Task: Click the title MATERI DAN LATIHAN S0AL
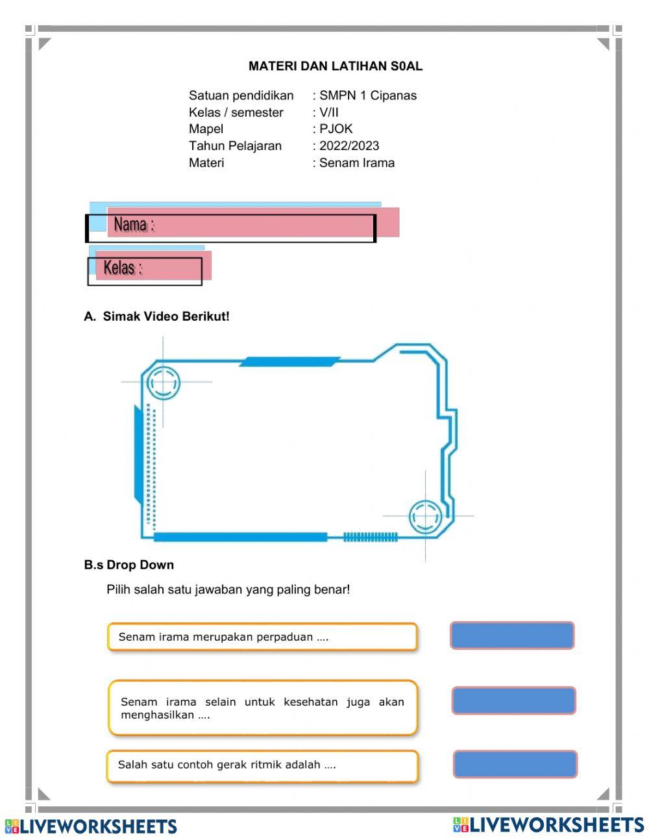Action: pos(335,66)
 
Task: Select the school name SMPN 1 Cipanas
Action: pos(367,95)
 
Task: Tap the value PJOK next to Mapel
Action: pos(336,129)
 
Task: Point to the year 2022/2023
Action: pos(349,145)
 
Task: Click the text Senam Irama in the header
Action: pos(356,162)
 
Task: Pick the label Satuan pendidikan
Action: pos(241,95)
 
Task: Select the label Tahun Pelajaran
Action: pos(235,145)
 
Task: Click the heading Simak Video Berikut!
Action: pos(166,316)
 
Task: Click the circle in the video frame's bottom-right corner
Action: pos(425,516)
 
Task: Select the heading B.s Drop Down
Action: pos(129,565)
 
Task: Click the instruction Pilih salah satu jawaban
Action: pos(228,589)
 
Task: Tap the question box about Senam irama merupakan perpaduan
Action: pos(262,637)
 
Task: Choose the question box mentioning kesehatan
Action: pos(262,708)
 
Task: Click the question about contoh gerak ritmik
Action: pos(262,765)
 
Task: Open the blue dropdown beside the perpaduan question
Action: pos(512,635)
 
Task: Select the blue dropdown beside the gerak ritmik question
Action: pos(515,764)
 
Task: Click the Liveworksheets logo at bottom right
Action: pos(548,824)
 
